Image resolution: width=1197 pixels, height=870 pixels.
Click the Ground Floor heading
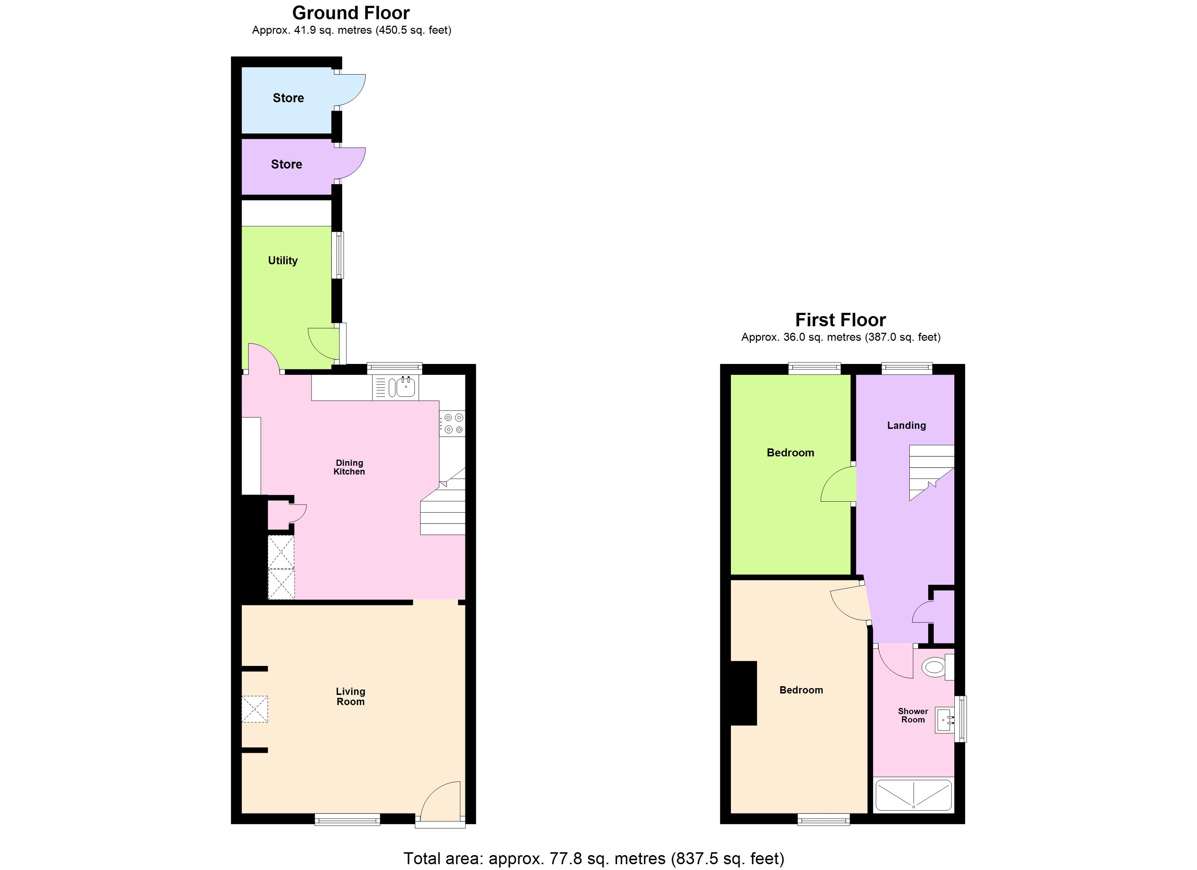pyautogui.click(x=351, y=13)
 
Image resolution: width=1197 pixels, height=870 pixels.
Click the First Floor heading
pyautogui.click(x=840, y=320)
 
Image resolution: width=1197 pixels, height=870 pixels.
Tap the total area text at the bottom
pyautogui.click(x=594, y=858)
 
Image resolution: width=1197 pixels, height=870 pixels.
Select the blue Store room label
pyautogui.click(x=288, y=98)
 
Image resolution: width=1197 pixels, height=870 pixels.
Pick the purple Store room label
pyautogui.click(x=287, y=164)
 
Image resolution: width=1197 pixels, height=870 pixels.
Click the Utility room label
pyautogui.click(x=283, y=260)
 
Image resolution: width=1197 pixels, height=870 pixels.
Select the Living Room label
pyautogui.click(x=350, y=696)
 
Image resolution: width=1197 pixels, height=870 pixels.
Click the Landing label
pyautogui.click(x=906, y=425)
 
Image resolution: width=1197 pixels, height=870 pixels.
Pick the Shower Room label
pyautogui.click(x=913, y=716)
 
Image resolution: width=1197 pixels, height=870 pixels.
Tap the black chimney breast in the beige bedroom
pyautogui.click(x=744, y=693)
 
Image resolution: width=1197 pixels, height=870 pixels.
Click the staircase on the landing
pyautogui.click(x=931, y=471)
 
